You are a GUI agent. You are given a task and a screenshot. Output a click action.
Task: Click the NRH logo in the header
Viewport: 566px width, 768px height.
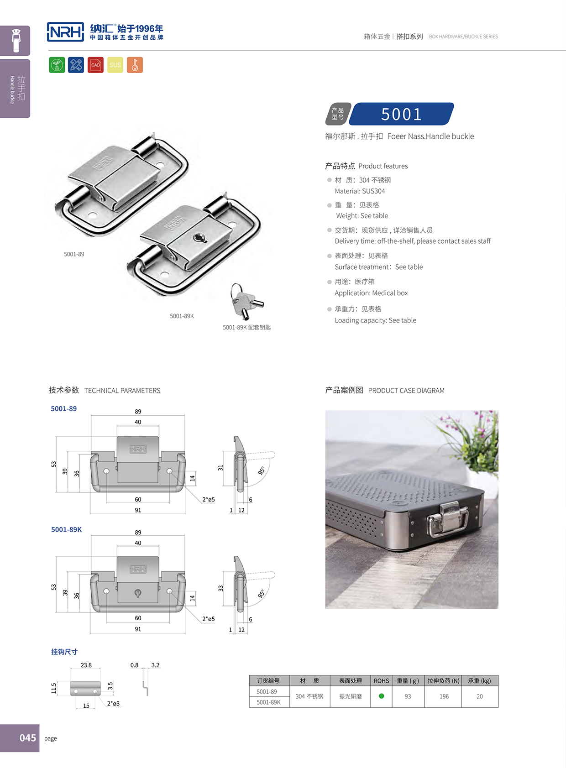[65, 32]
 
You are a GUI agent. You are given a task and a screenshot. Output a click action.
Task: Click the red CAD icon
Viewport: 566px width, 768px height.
[95, 65]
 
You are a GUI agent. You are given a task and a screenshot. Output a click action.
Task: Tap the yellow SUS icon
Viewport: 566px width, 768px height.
[115, 65]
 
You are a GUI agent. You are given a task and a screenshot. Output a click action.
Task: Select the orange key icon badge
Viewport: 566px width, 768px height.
[135, 65]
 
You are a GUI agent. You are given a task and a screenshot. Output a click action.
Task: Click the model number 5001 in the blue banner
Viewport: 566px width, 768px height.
[401, 114]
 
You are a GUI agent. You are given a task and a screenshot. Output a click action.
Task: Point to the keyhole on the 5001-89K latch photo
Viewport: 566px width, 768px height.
[199, 238]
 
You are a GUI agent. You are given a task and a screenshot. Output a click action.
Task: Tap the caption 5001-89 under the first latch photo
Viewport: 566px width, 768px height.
[74, 254]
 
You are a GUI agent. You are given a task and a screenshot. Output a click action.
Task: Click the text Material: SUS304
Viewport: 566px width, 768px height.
[360, 191]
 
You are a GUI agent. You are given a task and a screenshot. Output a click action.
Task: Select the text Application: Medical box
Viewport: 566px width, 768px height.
[371, 293]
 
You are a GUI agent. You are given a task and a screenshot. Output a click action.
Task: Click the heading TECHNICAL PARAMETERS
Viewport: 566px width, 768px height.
[122, 391]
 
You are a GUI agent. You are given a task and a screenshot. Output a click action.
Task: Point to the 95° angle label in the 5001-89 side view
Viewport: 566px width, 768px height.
[262, 471]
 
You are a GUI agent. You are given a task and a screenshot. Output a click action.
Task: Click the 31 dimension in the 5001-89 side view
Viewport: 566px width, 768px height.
[220, 468]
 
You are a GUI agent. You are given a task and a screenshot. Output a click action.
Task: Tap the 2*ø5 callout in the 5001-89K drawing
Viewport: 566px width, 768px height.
[208, 619]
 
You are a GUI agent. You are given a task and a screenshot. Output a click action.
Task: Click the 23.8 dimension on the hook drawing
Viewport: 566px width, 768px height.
[86, 665]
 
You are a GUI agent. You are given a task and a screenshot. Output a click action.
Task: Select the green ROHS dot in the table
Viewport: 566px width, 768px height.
[382, 696]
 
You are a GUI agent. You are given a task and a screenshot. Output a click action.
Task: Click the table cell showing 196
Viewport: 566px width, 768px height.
[444, 696]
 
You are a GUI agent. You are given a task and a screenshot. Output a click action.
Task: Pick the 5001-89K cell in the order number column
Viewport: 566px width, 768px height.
[268, 702]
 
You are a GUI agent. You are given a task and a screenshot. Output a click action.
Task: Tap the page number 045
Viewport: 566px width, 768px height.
[27, 738]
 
